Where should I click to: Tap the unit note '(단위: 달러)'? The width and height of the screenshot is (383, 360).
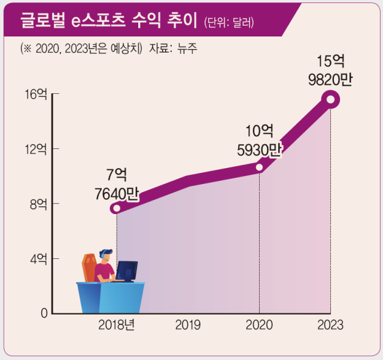coord(229,23)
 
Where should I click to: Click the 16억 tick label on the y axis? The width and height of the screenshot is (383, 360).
coord(35,94)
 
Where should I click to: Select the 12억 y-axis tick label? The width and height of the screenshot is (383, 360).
coord(35,149)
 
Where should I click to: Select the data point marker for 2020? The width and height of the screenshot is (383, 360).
coord(260,167)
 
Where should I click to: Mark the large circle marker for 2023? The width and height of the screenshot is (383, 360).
coord(330,99)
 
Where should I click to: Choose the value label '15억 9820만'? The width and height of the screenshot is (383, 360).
coord(330,71)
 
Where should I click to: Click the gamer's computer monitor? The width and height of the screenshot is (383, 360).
coord(127,271)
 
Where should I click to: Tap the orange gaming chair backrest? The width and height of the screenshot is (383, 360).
coord(90,267)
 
